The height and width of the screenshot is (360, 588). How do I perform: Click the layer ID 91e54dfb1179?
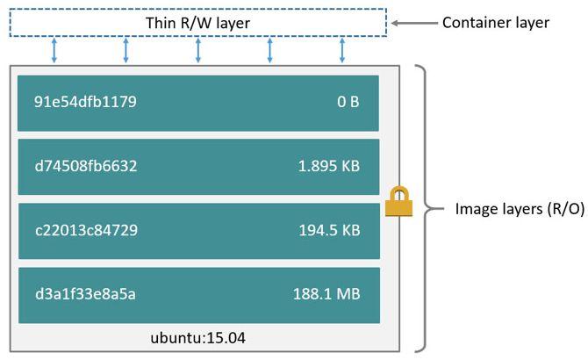pyautogui.click(x=85, y=102)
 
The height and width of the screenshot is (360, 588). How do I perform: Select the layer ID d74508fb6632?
pyautogui.click(x=85, y=166)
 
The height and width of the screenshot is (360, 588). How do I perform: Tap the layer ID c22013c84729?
pyautogui.click(x=85, y=230)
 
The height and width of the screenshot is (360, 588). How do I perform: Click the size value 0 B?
pyautogui.click(x=348, y=102)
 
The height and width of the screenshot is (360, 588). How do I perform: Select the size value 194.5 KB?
pyautogui.click(x=329, y=230)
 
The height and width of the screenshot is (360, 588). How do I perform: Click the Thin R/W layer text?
pyautogui.click(x=197, y=22)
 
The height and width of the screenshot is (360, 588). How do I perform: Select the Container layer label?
pyautogui.click(x=496, y=23)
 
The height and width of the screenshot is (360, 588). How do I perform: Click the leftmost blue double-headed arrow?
pyautogui.click(x=54, y=50)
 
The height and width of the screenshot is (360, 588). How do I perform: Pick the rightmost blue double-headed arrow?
pyautogui.click(x=342, y=50)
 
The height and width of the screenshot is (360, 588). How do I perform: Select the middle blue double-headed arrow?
pyautogui.click(x=198, y=50)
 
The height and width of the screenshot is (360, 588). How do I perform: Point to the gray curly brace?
pyautogui.click(x=427, y=209)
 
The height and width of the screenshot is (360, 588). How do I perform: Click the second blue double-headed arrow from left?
pyautogui.click(x=126, y=50)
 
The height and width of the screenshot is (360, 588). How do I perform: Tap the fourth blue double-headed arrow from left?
pyautogui.click(x=270, y=50)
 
